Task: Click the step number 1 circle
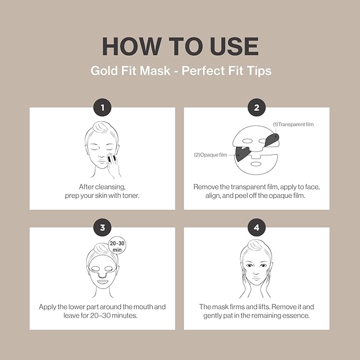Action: pyautogui.click(x=103, y=108)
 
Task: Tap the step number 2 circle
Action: pyautogui.click(x=257, y=108)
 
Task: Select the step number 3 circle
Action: pyautogui.click(x=103, y=228)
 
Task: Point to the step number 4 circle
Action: pyautogui.click(x=257, y=228)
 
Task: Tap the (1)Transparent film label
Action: pyautogui.click(x=293, y=124)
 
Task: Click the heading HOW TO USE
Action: pyautogui.click(x=180, y=46)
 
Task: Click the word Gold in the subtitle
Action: pyautogui.click(x=101, y=71)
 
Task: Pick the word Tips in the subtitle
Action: pyautogui.click(x=259, y=71)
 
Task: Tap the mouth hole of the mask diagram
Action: pyautogui.click(x=257, y=164)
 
